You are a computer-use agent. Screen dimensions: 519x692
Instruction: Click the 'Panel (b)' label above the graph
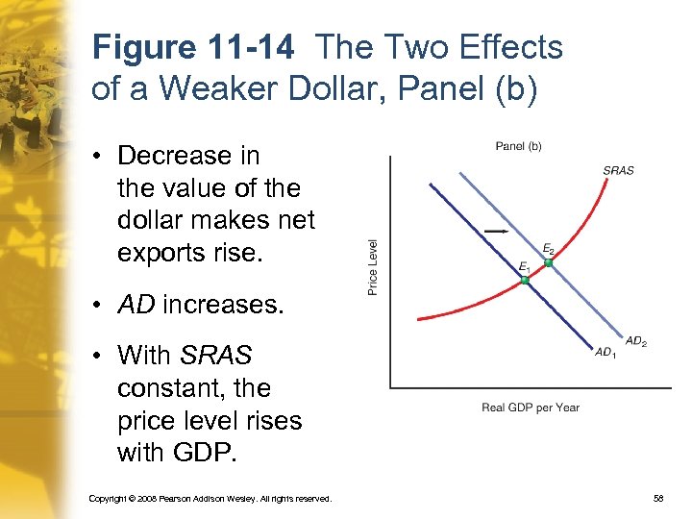click(518, 146)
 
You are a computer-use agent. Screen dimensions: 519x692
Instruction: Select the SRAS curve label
click(618, 170)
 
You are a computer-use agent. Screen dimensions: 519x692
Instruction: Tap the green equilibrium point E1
click(525, 280)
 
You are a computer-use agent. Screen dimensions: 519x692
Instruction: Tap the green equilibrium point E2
click(548, 262)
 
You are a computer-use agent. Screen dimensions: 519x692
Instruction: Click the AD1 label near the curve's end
click(605, 353)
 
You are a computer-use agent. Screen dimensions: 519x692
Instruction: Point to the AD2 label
click(636, 341)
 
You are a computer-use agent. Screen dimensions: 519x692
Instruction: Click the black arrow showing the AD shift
click(497, 231)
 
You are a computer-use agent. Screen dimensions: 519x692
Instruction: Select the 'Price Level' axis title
click(373, 266)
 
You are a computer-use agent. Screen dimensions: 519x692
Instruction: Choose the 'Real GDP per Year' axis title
click(531, 408)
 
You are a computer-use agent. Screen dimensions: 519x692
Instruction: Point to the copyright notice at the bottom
click(210, 499)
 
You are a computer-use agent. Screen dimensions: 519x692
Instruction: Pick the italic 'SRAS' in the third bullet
click(215, 356)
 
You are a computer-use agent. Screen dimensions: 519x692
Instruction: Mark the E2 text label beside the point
click(548, 249)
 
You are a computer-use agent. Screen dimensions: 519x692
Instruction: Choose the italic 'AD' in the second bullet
click(136, 306)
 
